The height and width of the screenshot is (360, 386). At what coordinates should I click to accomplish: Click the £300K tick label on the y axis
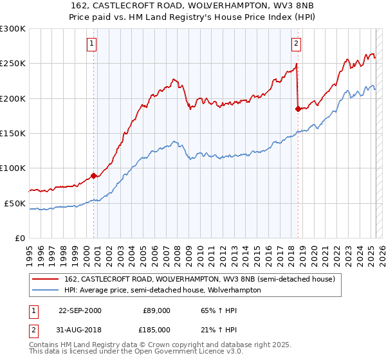tap(13, 29)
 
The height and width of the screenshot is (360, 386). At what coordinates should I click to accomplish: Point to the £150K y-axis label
tap(13, 133)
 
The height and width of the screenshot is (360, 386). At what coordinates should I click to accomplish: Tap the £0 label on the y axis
tap(19, 238)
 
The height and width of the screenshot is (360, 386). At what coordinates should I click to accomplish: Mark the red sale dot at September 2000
tap(94, 175)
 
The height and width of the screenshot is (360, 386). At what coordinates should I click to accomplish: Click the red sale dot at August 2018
tap(298, 109)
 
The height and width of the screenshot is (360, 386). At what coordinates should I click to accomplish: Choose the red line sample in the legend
tap(46, 280)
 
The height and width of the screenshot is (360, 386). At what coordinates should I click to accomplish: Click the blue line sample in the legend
tap(46, 290)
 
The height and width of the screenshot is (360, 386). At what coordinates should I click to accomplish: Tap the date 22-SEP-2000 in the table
tap(80, 310)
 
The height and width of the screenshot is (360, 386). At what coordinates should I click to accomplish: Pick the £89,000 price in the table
tap(154, 310)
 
